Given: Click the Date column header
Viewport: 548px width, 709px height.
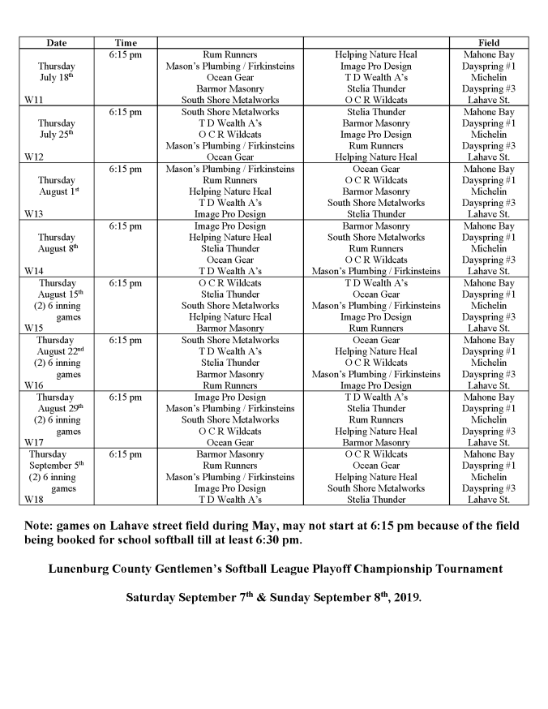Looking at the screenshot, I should [56, 42].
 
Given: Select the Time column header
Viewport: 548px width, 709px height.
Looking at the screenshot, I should [125, 42].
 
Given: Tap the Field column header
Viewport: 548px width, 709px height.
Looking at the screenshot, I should [489, 42].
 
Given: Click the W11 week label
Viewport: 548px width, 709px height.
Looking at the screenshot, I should [33, 100].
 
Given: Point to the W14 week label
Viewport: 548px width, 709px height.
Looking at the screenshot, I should [33, 271].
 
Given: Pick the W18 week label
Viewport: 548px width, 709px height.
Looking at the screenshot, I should [33, 500].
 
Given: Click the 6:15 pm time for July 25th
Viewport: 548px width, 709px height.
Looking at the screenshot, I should [125, 112].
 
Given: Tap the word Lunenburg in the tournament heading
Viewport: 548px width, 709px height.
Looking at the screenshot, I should [80, 568].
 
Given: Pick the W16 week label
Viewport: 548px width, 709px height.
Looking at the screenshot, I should [33, 385].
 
